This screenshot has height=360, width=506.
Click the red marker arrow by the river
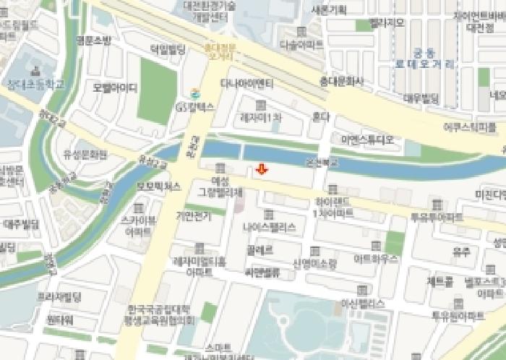coord(262,169)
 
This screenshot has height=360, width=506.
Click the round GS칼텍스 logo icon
coord(192,92)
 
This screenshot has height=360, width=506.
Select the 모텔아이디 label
coord(114,88)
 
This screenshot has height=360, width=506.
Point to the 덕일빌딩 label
coord(168,49)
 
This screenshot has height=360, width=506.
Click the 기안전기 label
coord(193,215)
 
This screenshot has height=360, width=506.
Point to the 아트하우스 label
coord(373,256)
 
